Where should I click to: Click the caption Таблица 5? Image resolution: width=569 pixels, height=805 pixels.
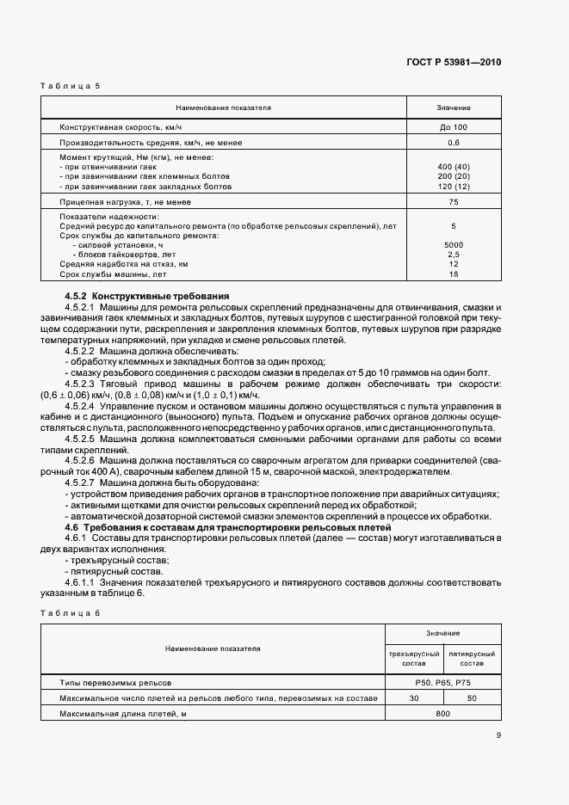point(70,86)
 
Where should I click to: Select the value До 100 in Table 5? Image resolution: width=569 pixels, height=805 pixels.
point(453,126)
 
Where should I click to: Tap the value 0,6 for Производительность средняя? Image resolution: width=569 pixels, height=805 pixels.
point(453,142)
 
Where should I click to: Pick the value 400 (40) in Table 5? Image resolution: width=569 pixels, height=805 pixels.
point(453,166)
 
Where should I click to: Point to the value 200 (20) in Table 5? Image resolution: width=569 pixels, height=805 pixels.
point(453,176)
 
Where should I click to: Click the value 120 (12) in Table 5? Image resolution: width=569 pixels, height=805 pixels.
point(453,186)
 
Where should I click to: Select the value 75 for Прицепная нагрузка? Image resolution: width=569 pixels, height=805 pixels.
point(453,201)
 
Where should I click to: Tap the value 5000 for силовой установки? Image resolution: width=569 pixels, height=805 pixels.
point(453,245)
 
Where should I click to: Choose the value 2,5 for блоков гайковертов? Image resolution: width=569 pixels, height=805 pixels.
point(453,255)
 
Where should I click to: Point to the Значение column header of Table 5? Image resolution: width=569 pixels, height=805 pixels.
point(453,108)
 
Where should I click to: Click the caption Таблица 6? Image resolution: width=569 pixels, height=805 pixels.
point(70,611)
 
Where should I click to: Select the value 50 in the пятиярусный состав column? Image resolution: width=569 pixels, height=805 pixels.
point(472,698)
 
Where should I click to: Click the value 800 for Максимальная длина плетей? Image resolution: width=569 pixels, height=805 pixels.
point(442,715)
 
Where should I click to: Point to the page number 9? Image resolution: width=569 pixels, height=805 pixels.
point(498,734)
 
